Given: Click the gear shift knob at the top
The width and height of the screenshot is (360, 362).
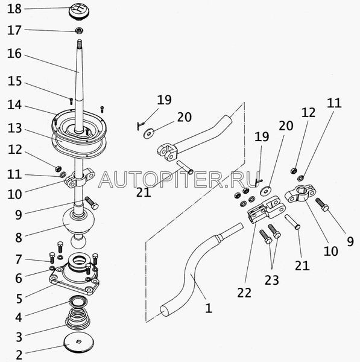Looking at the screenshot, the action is [x=79, y=13].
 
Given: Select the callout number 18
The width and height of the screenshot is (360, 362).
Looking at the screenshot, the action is [x=14, y=9].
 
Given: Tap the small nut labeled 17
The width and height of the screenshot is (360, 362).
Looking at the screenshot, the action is [x=80, y=30].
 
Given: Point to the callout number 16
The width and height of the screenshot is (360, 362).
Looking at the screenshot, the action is [x=14, y=54].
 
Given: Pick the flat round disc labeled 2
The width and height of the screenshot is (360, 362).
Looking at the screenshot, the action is [x=78, y=342].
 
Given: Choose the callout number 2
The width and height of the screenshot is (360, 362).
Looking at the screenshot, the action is [x=19, y=354].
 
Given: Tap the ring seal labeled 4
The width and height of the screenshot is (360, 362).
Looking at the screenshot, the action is [x=78, y=300].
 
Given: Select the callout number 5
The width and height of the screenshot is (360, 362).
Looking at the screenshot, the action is [x=19, y=298].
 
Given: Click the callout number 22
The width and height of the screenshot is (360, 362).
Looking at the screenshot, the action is [x=244, y=293].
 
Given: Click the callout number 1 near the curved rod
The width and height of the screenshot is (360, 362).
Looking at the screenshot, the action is [x=209, y=308].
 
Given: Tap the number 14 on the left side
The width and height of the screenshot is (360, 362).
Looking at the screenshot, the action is [x=14, y=104].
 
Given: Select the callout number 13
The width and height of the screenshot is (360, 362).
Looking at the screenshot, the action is [x=14, y=128].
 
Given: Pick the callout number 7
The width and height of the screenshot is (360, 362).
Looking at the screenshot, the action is [x=19, y=259].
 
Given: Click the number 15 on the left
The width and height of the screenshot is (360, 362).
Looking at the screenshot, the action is [x=14, y=81].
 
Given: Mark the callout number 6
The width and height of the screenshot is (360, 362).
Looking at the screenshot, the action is [x=19, y=278].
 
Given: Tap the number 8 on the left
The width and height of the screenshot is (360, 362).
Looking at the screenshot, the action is [x=19, y=238].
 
